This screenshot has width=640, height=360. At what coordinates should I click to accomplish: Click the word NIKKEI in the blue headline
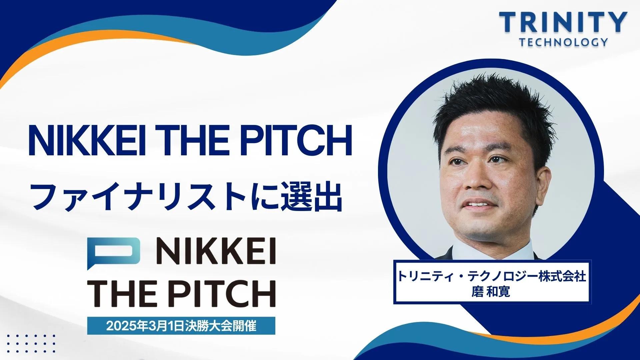point(87,141)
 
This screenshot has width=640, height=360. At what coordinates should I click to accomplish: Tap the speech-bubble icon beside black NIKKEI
point(113,253)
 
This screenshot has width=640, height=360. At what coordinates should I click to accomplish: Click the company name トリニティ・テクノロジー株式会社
point(492,277)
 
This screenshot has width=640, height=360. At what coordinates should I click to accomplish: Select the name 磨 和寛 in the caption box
point(491,292)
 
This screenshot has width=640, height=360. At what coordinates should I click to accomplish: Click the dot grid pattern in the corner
point(31,343)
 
